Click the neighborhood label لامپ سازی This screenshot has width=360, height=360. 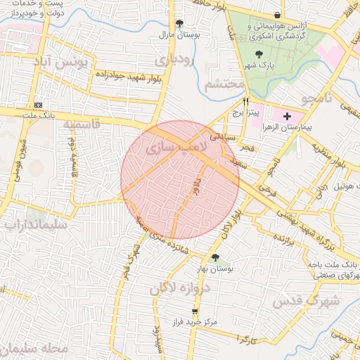point(175,148)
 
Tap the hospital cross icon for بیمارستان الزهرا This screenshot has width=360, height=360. point(287,115)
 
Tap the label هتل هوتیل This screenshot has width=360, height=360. point(336,186)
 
